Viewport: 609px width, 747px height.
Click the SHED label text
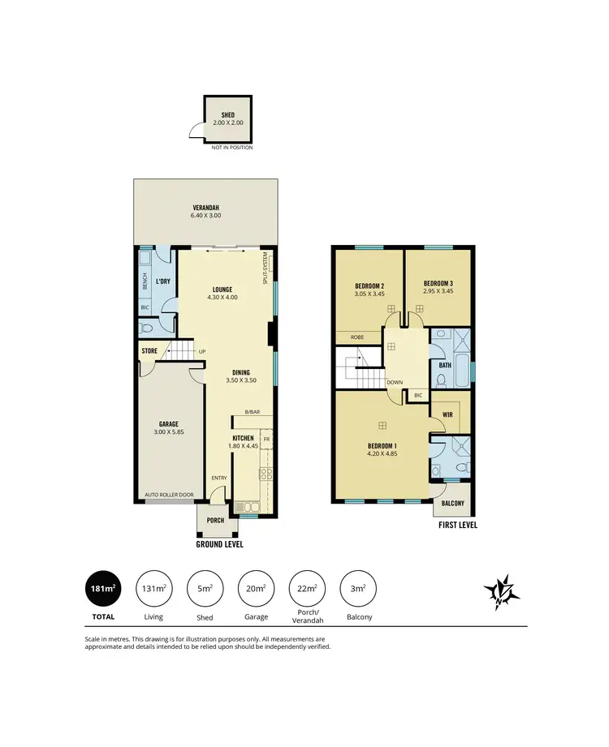(x=227, y=115)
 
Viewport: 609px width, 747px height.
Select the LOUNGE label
(x=222, y=290)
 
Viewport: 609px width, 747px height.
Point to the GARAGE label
(x=169, y=423)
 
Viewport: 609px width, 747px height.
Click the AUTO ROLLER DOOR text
(x=169, y=494)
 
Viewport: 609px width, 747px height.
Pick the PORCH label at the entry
(x=215, y=520)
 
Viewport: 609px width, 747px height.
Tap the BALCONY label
(x=452, y=504)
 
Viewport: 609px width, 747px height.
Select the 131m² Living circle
(x=154, y=590)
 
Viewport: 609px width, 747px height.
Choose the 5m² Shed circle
(x=205, y=590)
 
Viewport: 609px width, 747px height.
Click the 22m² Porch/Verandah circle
(x=306, y=590)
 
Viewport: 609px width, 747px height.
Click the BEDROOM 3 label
(x=438, y=283)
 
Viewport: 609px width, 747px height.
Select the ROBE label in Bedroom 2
(x=356, y=336)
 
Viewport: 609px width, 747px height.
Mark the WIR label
(x=447, y=414)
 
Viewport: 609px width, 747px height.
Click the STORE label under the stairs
(x=149, y=351)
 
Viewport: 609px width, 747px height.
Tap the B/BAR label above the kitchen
(x=253, y=412)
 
